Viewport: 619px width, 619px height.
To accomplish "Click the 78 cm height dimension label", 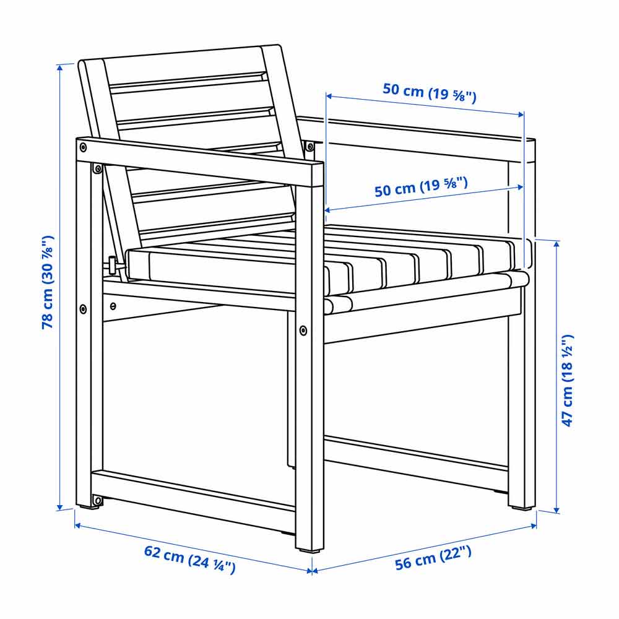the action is [48, 282].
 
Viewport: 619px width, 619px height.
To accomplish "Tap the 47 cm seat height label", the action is [567, 381].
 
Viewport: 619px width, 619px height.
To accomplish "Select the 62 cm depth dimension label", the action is [189, 558].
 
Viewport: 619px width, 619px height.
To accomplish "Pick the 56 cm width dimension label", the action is [433, 558].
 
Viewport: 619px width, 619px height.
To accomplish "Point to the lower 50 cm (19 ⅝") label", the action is [421, 187].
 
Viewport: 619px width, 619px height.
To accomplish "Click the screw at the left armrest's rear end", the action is [83, 147].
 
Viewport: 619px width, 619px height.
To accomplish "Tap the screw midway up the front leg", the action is [303, 330].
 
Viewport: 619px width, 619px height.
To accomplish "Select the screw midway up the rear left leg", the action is [83, 308].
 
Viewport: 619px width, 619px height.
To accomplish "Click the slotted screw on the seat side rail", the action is [113, 306].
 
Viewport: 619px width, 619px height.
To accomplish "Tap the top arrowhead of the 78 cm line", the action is [60, 67].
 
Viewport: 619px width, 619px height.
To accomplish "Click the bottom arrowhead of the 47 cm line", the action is [556, 511].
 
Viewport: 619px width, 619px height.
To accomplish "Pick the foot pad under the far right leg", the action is [521, 508].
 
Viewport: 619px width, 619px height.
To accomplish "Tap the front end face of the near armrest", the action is [318, 175].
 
